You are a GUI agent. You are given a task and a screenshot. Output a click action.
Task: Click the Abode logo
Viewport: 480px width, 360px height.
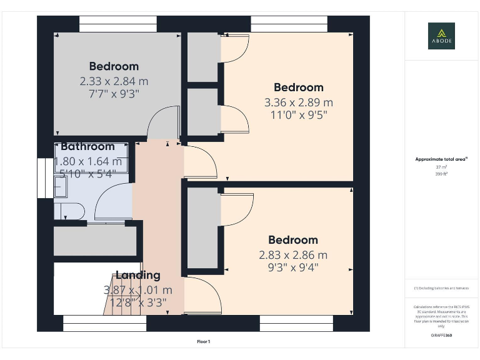[441, 36]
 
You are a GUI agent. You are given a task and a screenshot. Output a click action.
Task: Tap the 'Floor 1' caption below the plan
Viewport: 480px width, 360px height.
[204, 342]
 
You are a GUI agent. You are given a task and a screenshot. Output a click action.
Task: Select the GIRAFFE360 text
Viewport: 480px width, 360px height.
[441, 336]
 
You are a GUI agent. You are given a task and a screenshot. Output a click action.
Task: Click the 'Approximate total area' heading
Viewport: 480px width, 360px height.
[441, 159]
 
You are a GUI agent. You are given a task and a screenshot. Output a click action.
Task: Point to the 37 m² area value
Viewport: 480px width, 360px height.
[441, 167]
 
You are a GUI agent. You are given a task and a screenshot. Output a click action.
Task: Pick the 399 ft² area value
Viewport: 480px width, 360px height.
[441, 174]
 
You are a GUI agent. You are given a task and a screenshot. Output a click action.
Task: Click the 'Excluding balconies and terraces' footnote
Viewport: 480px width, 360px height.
[441, 287]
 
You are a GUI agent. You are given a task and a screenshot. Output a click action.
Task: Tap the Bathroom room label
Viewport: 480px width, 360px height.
[87, 147]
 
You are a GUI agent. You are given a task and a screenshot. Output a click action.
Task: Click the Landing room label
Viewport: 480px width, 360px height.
[137, 275]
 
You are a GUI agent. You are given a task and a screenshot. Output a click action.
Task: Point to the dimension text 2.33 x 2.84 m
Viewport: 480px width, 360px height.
[114, 81]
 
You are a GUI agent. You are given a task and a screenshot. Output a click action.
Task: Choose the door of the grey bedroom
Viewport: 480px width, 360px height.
[161, 122]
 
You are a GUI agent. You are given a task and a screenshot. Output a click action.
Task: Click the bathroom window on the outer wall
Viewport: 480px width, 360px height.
[44, 177]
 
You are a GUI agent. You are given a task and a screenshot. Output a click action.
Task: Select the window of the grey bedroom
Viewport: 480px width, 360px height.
[117, 27]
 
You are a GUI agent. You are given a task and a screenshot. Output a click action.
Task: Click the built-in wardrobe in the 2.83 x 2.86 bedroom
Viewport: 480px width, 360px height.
[201, 228]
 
